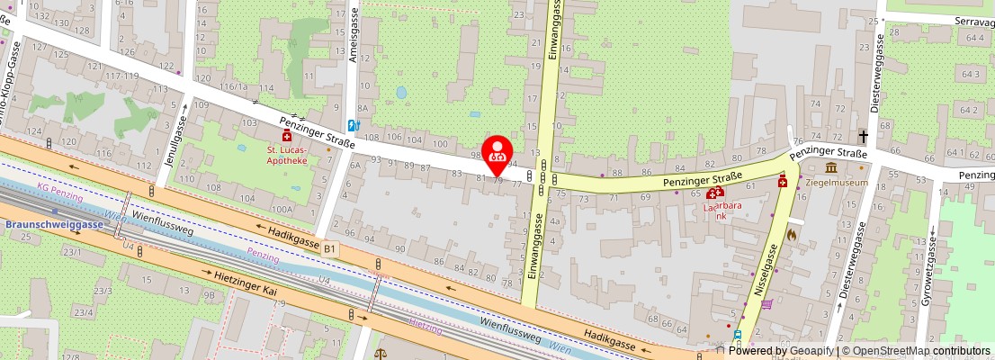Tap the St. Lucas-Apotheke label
287,155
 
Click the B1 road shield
330,247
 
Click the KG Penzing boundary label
61,196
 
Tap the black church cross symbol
864,137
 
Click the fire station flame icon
792,234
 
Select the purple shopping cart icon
766,304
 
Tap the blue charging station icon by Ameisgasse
354,125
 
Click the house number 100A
281,209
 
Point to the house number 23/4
83,311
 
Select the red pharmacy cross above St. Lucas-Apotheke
287,135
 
